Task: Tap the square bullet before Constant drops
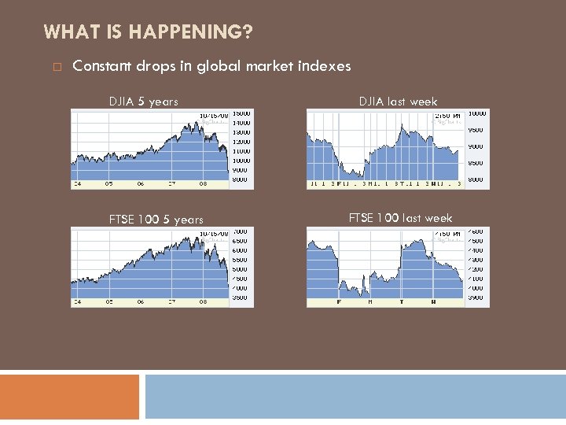click(57, 67)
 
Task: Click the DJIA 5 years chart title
click(143, 102)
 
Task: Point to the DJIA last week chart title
click(398, 101)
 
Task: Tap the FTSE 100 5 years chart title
click(156, 220)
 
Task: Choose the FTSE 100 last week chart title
click(400, 218)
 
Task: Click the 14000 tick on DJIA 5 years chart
click(241, 123)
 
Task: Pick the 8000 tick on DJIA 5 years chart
click(240, 179)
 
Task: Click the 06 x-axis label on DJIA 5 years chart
click(141, 184)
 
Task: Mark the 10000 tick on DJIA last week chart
click(477, 113)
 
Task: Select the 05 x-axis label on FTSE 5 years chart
click(108, 302)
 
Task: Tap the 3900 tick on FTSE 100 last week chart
click(476, 297)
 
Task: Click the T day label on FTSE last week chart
click(401, 302)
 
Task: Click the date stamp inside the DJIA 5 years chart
click(214, 114)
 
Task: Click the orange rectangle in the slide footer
click(69, 396)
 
